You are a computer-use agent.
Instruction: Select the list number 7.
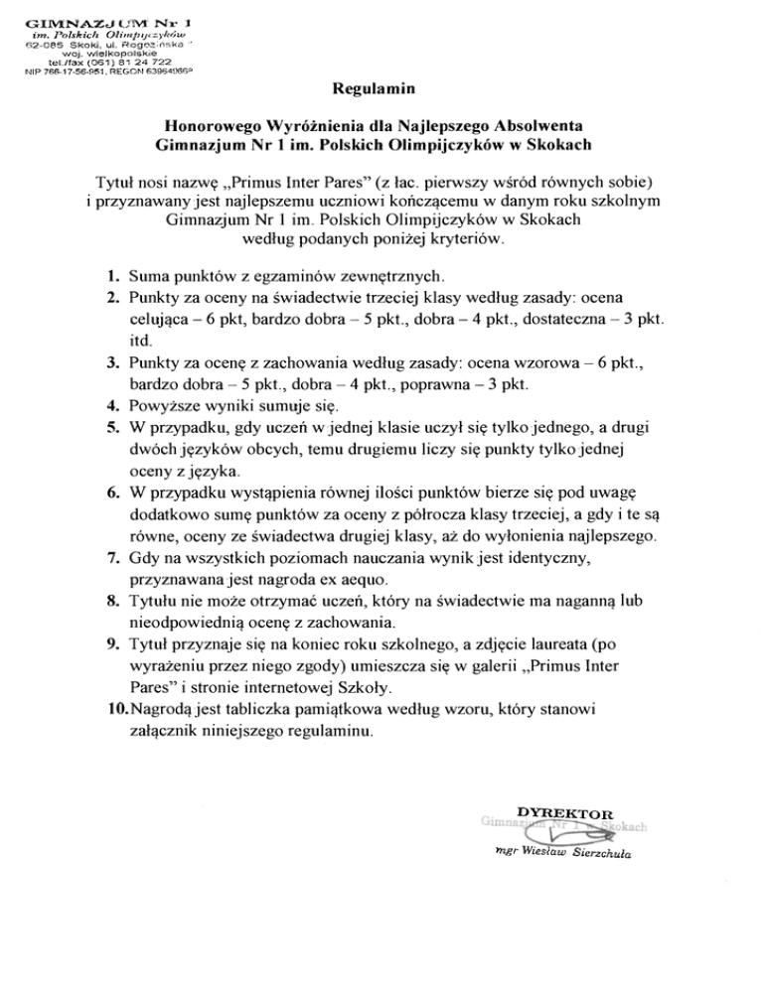click(114, 560)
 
